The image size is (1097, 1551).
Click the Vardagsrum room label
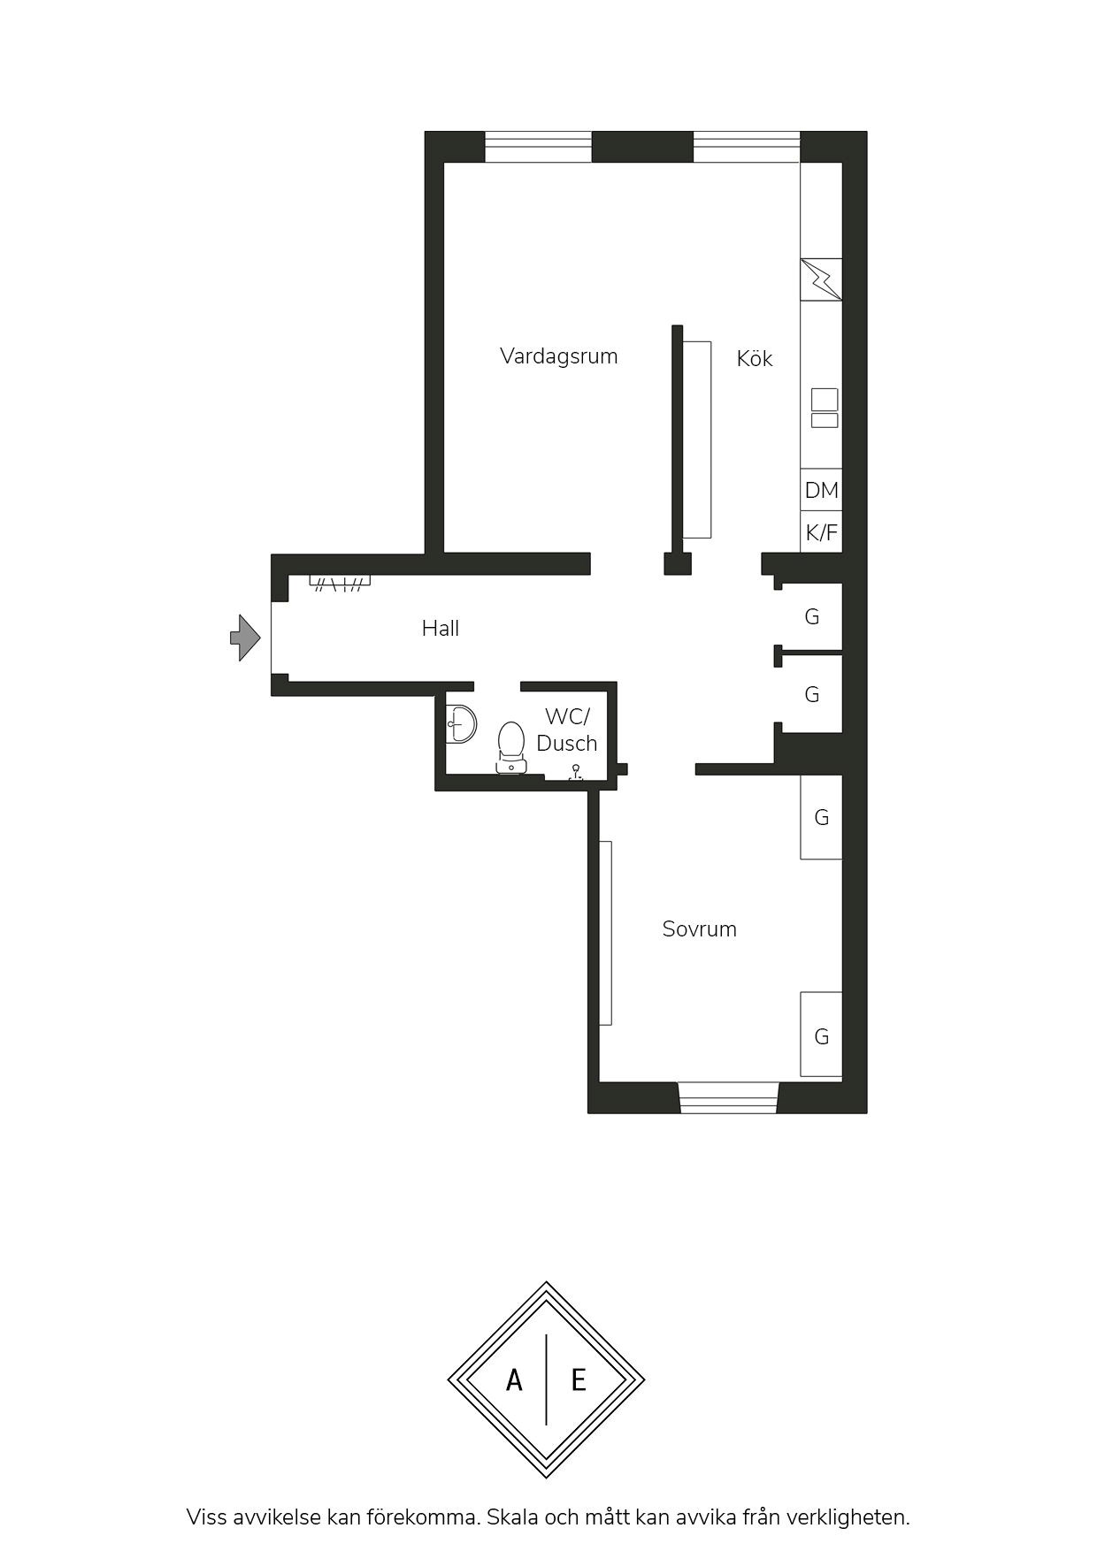click(x=558, y=356)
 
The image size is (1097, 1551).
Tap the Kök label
click(x=755, y=358)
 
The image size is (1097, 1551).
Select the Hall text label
click(x=441, y=629)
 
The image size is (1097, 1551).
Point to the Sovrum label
click(x=700, y=928)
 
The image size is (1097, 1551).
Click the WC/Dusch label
click(x=567, y=730)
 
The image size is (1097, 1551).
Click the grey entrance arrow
click(x=245, y=637)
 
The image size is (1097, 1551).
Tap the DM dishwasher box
click(x=821, y=490)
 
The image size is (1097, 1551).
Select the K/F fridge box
click(x=821, y=532)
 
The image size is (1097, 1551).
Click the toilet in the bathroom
click(x=511, y=747)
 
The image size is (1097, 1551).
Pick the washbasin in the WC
click(x=460, y=723)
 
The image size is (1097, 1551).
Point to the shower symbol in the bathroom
click(x=575, y=772)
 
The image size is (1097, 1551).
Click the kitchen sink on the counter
click(x=825, y=408)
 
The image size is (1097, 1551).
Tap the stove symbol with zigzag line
click(x=821, y=279)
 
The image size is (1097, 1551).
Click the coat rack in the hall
click(x=340, y=582)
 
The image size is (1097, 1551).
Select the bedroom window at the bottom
click(x=728, y=1097)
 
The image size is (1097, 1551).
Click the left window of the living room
click(x=538, y=147)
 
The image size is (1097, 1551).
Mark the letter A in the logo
click(x=514, y=1379)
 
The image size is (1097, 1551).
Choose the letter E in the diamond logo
click(x=579, y=1379)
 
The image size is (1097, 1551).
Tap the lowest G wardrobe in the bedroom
click(x=821, y=1035)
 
